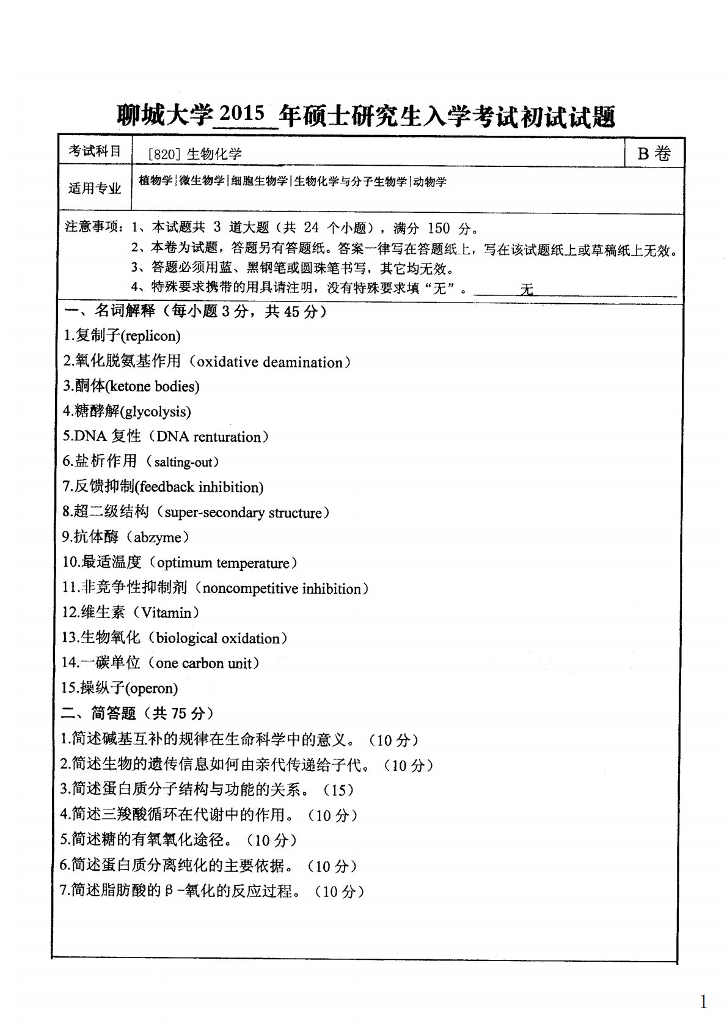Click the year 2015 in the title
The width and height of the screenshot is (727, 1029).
click(241, 114)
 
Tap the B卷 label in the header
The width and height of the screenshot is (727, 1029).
click(654, 153)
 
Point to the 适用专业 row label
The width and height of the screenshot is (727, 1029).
click(95, 188)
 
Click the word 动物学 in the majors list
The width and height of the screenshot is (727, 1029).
click(430, 182)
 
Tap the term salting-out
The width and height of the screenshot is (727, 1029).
click(181, 462)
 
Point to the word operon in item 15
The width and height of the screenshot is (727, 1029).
click(151, 688)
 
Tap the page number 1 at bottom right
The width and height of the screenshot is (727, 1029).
click(703, 1002)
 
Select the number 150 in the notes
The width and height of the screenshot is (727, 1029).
click(438, 229)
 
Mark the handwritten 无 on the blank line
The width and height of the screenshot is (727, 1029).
click(526, 289)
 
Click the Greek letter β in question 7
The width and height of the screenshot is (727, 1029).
click(169, 891)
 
